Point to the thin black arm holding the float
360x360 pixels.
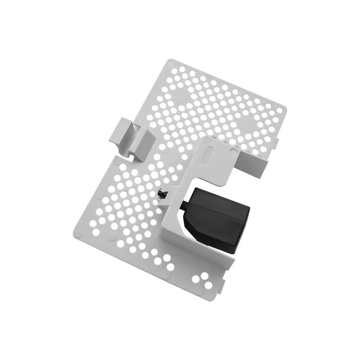[x=185, y=205]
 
